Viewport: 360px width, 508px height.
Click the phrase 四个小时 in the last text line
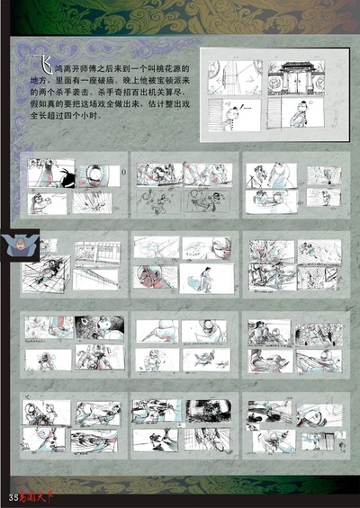click(x=94, y=116)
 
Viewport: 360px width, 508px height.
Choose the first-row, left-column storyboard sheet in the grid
click(x=72, y=190)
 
